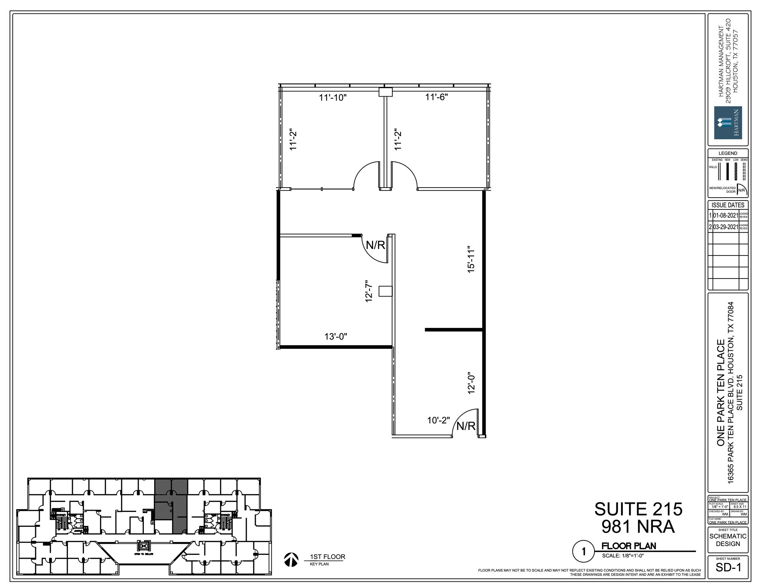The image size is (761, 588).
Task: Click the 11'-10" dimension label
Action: click(333, 98)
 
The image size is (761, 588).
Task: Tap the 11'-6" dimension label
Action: click(437, 97)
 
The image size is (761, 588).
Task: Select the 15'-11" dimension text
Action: click(471, 259)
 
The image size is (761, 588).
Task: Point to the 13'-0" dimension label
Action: click(336, 337)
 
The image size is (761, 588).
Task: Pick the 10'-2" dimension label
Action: click(438, 420)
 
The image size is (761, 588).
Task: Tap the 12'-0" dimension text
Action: click(472, 383)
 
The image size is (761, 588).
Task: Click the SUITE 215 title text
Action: click(638, 509)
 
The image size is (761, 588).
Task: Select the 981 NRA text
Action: click(638, 526)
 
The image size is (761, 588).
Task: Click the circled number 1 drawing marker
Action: click(583, 552)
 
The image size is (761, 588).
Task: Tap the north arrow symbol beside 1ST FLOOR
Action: click(291, 559)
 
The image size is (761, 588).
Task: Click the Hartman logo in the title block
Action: click(728, 123)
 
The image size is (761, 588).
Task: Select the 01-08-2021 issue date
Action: click(725, 215)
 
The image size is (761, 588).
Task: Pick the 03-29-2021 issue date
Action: click(725, 227)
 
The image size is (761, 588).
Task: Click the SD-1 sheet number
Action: click(728, 578)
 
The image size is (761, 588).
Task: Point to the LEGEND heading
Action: click(728, 153)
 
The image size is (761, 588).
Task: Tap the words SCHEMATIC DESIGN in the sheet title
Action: click(728, 540)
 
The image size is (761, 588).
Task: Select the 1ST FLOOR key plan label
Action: click(327, 557)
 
